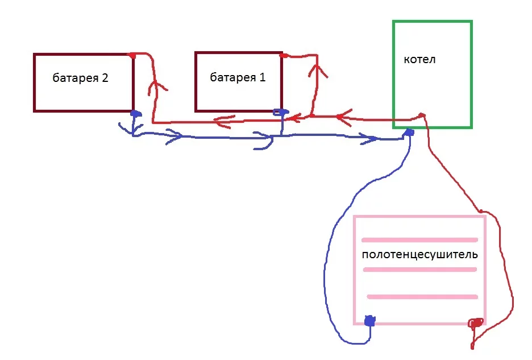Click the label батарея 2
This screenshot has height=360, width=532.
[80, 78]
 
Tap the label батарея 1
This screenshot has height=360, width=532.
[238, 77]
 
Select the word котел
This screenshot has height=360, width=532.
[419, 59]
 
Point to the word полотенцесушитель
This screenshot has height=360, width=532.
[419, 254]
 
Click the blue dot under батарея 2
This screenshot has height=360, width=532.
[135, 114]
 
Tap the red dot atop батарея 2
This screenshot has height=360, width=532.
[132, 55]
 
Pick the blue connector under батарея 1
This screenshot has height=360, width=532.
[279, 112]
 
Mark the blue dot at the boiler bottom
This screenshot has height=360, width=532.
[409, 133]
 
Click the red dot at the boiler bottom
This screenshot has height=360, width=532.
[422, 115]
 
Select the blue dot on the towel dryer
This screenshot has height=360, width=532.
[370, 321]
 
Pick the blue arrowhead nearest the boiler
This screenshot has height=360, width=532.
[373, 139]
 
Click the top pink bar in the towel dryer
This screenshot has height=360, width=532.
[419, 239]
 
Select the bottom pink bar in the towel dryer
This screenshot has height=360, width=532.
[422, 296]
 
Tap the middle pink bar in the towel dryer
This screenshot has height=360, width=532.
[419, 270]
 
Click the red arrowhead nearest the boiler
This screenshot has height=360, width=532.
[340, 118]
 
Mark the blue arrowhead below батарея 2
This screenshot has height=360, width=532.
[173, 136]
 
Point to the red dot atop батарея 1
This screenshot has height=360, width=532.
[282, 56]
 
